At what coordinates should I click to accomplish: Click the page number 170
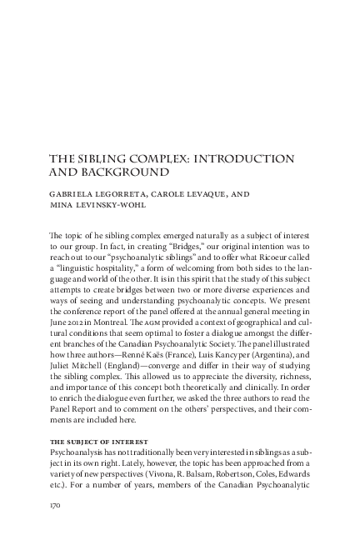[58, 505]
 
